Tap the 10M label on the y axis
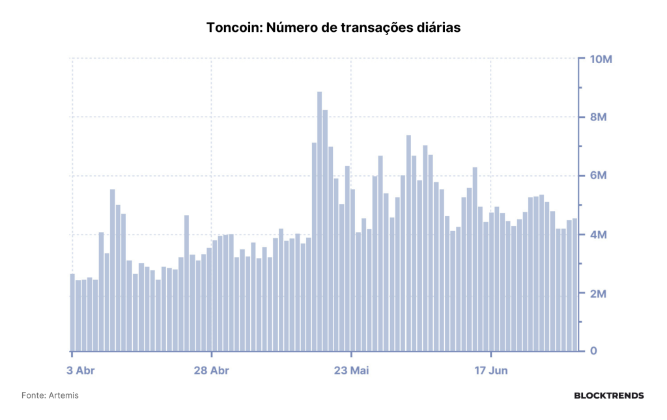[x=601, y=59]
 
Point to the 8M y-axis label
[x=598, y=117]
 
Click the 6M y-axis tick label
[x=598, y=176]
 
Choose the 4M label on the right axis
[x=598, y=234]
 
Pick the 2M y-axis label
[x=598, y=293]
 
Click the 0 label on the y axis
[x=593, y=351]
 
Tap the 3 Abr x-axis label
[x=80, y=371]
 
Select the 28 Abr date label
[x=212, y=371]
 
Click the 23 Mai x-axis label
[x=351, y=371]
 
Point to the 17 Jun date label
[x=491, y=371]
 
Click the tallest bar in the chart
[x=319, y=221]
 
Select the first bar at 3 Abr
[x=72, y=313]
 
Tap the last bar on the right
[x=575, y=285]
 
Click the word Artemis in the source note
[x=63, y=395]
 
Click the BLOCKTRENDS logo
[x=609, y=396]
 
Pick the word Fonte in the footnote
[x=33, y=395]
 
